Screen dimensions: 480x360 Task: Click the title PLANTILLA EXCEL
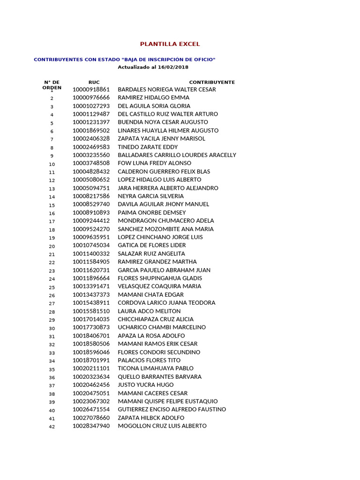point(170,44)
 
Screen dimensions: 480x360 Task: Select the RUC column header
point(94,82)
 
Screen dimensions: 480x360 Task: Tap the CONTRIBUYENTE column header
point(212,82)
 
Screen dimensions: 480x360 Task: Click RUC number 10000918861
point(91,90)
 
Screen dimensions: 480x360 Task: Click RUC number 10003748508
point(91,164)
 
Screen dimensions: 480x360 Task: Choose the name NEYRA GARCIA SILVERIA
point(150,196)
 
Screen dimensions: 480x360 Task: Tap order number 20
point(52,247)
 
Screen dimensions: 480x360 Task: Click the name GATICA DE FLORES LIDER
point(151,246)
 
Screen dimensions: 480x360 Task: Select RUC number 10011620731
point(91,270)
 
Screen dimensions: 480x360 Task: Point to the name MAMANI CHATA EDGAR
point(150,295)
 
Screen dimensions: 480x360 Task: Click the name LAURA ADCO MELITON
point(149,311)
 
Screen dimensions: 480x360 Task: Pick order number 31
point(52,337)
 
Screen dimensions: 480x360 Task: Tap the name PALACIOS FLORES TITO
point(149,360)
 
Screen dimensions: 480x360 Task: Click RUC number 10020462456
point(91,385)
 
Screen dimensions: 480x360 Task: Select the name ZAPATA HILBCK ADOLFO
point(151,418)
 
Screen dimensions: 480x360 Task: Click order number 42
point(52,427)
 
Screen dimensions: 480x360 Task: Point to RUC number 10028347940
point(91,426)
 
